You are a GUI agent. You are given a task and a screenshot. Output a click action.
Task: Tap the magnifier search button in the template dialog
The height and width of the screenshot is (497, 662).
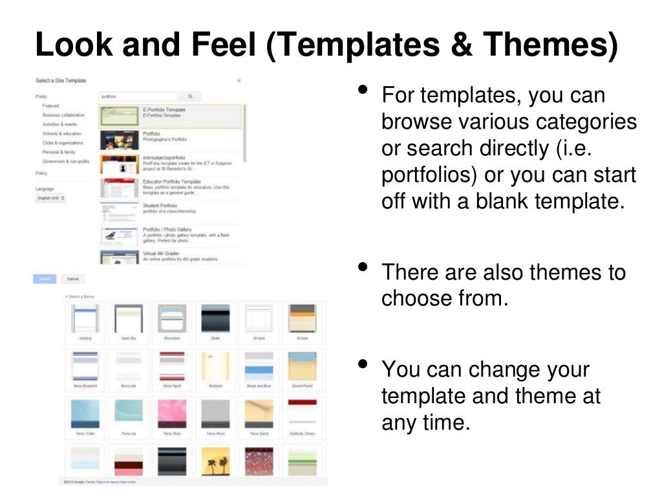190,96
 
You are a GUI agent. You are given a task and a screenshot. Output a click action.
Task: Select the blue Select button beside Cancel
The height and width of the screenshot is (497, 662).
45,279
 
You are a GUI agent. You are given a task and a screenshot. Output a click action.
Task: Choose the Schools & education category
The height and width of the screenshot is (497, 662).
62,133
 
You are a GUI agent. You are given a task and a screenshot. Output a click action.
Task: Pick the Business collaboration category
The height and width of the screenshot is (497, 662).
63,115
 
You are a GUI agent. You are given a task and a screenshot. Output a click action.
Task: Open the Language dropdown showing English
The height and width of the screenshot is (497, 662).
50,198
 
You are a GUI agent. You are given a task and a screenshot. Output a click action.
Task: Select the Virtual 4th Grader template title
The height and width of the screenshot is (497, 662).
161,253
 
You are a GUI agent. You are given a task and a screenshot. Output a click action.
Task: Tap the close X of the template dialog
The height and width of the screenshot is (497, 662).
239,81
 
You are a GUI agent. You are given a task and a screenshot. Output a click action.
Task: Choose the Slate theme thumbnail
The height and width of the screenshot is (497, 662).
215,318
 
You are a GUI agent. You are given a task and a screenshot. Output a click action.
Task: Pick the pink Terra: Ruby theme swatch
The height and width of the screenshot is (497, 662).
171,413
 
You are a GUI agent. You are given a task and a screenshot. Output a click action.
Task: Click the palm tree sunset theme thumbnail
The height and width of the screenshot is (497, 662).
215,461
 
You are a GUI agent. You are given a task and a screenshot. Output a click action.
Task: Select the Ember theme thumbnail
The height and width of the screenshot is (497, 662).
302,318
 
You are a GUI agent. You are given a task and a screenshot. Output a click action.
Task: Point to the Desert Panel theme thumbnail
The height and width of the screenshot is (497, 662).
302,366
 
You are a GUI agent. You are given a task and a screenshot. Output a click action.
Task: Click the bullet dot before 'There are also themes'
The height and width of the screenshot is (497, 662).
363,266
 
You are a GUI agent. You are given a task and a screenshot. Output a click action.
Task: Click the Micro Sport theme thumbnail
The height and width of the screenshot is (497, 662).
171,366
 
